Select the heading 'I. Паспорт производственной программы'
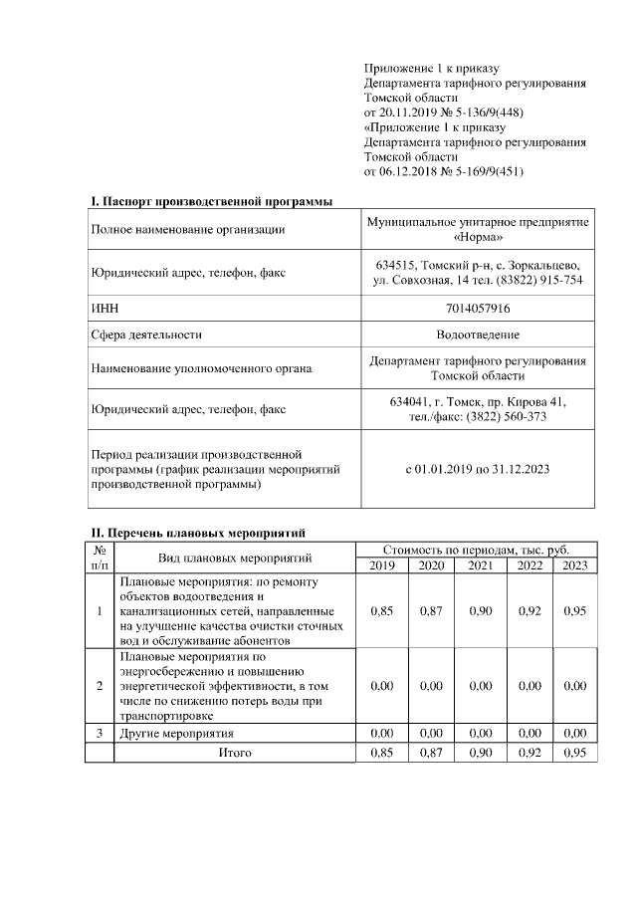pyautogui.click(x=212, y=202)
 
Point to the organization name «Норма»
pyautogui.click(x=478, y=238)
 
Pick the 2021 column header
pyautogui.click(x=480, y=565)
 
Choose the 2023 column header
pyautogui.click(x=574, y=565)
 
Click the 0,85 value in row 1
pyautogui.click(x=381, y=610)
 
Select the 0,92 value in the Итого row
pyautogui.click(x=530, y=754)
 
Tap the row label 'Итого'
pyautogui.click(x=235, y=754)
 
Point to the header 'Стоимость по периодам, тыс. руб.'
pyautogui.click(x=477, y=550)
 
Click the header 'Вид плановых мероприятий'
pyautogui.click(x=235, y=558)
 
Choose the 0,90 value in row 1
pyautogui.click(x=480, y=610)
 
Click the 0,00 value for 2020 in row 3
pyautogui.click(x=431, y=733)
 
